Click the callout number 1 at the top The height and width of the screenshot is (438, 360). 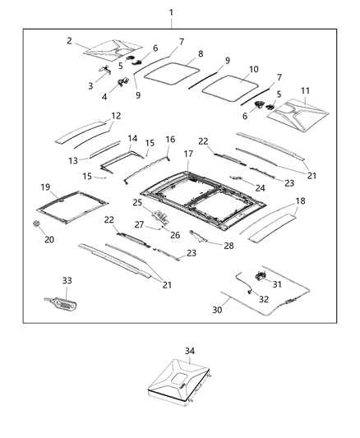(171, 12)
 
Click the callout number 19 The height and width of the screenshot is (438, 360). (45, 187)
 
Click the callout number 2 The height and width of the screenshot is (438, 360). (70, 40)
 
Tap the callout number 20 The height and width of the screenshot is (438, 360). (49, 240)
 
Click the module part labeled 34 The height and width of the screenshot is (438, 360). (179, 385)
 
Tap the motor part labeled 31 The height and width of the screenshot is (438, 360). (263, 275)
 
